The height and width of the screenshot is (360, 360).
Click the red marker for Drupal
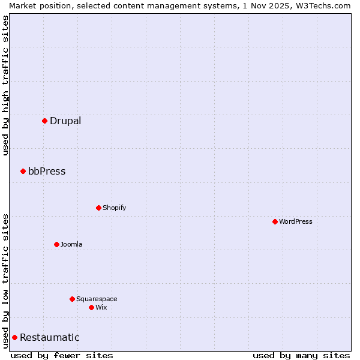(44, 121)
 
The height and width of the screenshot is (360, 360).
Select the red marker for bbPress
(23, 171)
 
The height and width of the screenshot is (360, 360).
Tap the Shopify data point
(98, 208)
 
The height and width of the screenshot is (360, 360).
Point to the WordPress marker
(275, 221)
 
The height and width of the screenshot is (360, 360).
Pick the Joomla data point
(56, 244)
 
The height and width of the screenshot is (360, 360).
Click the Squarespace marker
(72, 299)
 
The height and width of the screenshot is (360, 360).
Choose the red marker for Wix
(91, 307)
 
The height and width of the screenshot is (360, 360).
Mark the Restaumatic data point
(14, 337)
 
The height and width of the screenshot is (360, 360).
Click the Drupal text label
(65, 121)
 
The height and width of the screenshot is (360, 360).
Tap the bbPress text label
(47, 171)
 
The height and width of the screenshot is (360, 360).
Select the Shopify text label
(114, 208)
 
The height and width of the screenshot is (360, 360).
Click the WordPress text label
(296, 221)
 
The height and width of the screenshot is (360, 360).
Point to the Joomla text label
(71, 244)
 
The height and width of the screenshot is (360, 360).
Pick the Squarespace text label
(97, 299)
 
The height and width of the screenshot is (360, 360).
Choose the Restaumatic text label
(49, 337)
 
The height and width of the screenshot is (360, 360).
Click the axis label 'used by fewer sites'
(62, 355)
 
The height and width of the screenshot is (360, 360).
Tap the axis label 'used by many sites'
(301, 355)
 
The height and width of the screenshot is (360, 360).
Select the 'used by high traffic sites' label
(5, 85)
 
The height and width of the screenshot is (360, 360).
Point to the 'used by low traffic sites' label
(5, 280)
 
